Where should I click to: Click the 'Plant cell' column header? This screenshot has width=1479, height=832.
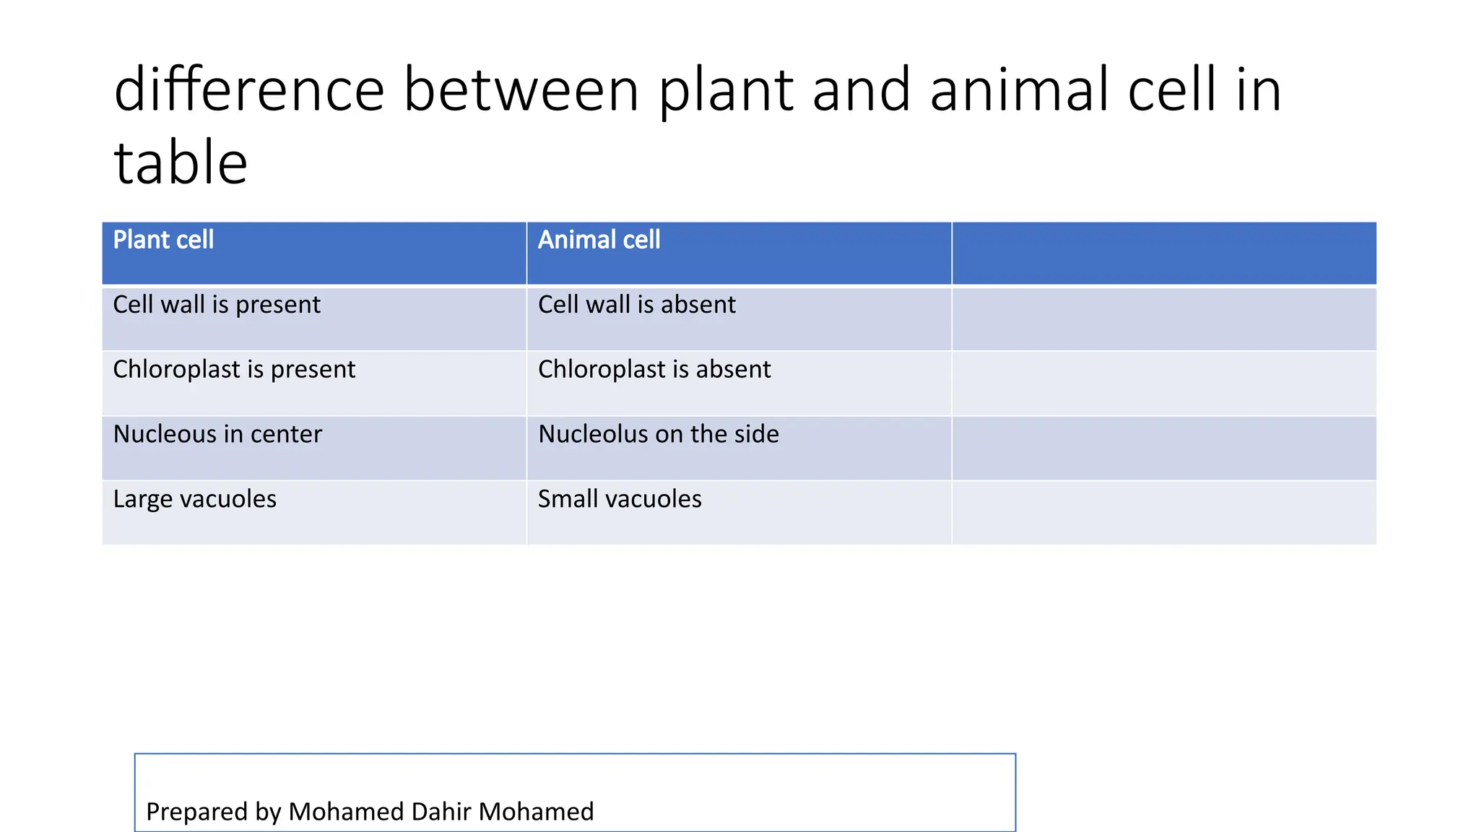click(x=163, y=240)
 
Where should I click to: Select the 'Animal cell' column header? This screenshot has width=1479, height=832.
click(x=599, y=240)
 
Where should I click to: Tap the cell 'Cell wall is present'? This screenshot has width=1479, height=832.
click(x=217, y=305)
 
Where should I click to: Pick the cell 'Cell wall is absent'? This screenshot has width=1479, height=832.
click(x=636, y=305)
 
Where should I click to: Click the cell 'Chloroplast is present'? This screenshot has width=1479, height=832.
click(x=234, y=370)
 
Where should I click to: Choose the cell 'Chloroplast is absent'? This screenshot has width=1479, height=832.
click(x=654, y=370)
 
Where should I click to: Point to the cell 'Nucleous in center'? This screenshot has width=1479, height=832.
click(x=217, y=434)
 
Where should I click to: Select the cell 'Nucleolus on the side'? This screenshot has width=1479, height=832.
click(x=659, y=434)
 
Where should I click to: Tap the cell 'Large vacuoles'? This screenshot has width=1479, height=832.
click(x=195, y=499)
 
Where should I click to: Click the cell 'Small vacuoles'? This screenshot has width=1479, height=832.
click(x=620, y=499)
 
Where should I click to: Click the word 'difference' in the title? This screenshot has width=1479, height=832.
click(x=249, y=90)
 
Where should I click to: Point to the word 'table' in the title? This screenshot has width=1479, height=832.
click(x=181, y=163)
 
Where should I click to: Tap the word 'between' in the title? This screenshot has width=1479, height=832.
click(x=521, y=90)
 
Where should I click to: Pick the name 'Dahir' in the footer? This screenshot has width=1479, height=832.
click(x=441, y=812)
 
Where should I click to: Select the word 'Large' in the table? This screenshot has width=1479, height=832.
click(x=143, y=499)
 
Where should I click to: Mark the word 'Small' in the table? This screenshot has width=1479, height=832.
click(x=568, y=499)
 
